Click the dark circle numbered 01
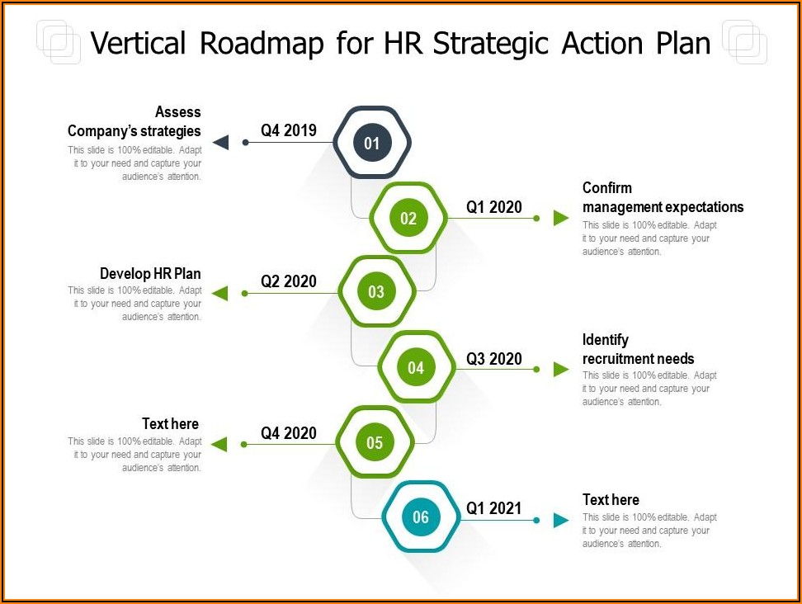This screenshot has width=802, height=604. [x=372, y=143]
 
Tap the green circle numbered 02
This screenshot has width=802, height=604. [x=408, y=219]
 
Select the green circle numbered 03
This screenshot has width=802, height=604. [x=376, y=291]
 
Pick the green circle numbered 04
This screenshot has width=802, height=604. [x=416, y=367]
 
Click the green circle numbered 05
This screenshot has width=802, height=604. [x=375, y=442]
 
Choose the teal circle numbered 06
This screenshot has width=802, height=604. [x=421, y=517]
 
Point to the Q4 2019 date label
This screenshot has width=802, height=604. [x=289, y=130]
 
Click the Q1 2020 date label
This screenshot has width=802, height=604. [x=494, y=207]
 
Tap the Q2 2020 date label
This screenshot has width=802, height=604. [x=289, y=281]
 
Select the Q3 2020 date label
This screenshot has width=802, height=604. [x=494, y=359]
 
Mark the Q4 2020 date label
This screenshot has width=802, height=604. [x=289, y=433]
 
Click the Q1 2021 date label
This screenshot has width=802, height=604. [x=494, y=508]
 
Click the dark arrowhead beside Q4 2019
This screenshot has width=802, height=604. [x=221, y=142]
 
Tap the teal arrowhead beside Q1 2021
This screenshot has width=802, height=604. [x=561, y=520]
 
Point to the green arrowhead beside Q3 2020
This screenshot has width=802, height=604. [x=561, y=369]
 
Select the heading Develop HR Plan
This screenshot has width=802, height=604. [x=150, y=274]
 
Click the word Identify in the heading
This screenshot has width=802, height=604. [x=606, y=340]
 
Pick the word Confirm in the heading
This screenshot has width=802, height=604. [x=607, y=187]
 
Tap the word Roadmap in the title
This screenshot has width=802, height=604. [x=262, y=43]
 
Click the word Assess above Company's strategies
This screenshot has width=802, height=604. [x=178, y=112]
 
